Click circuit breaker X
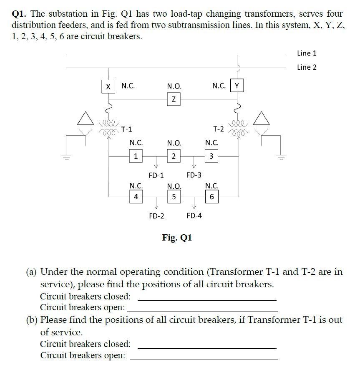[x=108, y=86]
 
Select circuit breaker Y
[x=237, y=86]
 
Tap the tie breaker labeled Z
[x=174, y=99]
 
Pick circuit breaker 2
[x=174, y=157]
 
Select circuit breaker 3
[x=211, y=157]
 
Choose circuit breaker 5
[x=174, y=196]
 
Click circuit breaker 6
[x=211, y=196]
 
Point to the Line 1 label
[x=307, y=53]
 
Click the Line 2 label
[x=307, y=67]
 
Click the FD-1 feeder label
[x=156, y=175]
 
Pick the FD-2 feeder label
[x=156, y=216]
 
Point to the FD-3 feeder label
[x=194, y=175]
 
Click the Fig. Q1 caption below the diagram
[x=177, y=238]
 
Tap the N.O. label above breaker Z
[x=174, y=86]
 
